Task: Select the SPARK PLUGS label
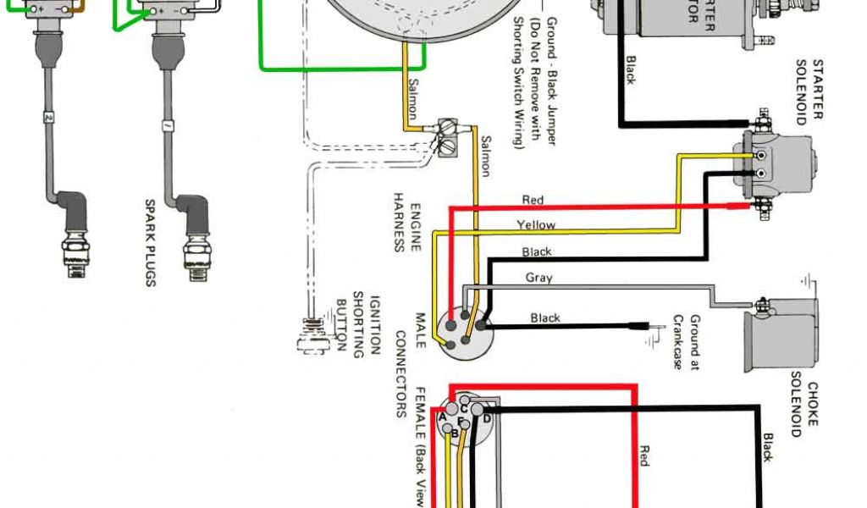click(x=150, y=242)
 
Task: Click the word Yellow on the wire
click(x=536, y=225)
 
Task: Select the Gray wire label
click(x=538, y=277)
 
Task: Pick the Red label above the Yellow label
click(x=533, y=201)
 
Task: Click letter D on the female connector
click(x=487, y=418)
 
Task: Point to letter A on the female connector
click(x=442, y=417)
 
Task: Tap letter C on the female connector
click(x=464, y=409)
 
